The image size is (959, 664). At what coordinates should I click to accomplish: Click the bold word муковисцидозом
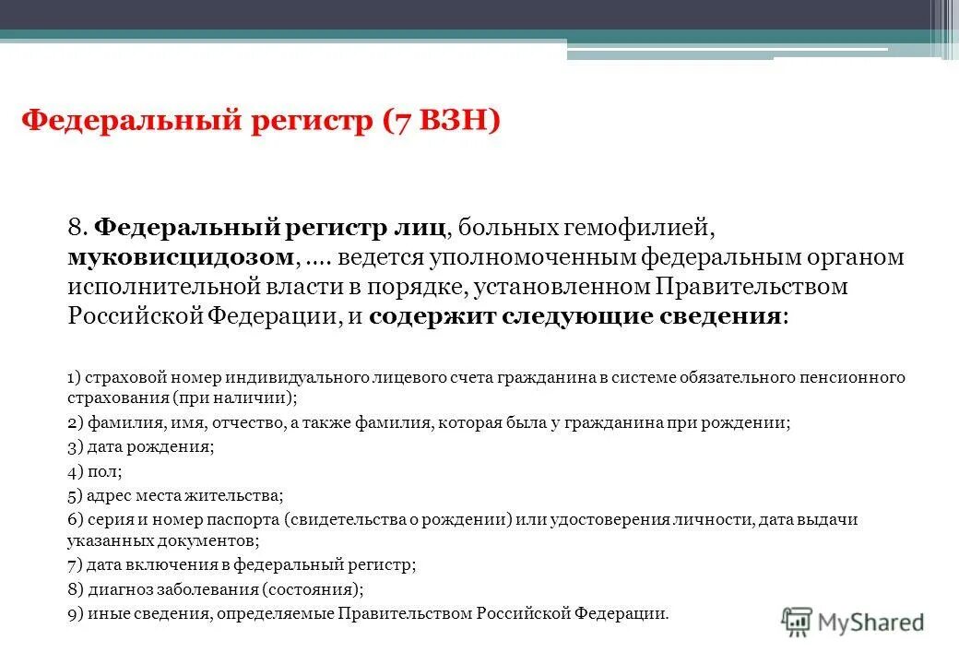181,257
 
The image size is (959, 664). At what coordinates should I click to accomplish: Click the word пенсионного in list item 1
855,378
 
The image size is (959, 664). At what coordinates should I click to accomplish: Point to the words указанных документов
162,541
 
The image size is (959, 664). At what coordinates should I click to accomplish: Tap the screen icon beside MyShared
797,622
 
